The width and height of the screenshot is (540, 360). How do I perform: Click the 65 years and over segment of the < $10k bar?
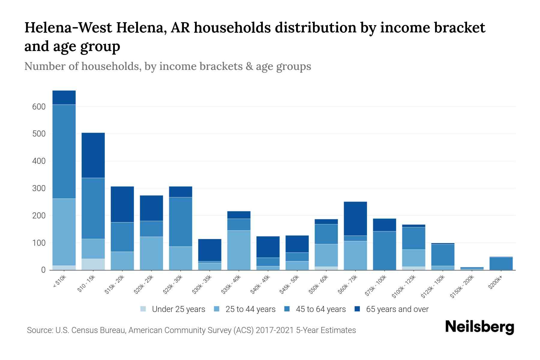coord(64,97)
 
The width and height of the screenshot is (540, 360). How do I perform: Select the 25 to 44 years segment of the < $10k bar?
coord(64,232)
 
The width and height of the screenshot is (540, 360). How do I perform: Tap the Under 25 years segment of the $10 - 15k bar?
coord(93,264)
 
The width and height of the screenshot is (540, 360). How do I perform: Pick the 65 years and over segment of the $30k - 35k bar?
coord(210,250)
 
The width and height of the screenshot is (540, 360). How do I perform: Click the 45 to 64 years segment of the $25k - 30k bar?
coord(181,222)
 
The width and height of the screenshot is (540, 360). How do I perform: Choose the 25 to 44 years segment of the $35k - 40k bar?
coord(239,250)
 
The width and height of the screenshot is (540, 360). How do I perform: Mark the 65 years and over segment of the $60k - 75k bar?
coord(355,218)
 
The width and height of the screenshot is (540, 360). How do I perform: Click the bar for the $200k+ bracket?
coord(501,263)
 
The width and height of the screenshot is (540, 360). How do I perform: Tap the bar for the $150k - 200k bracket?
coord(472,268)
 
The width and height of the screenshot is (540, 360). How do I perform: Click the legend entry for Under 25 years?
coord(173,309)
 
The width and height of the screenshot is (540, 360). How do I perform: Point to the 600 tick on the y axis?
coord(39,107)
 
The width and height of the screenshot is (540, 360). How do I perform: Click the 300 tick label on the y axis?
coord(39,188)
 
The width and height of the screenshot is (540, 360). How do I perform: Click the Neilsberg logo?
coord(479,327)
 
